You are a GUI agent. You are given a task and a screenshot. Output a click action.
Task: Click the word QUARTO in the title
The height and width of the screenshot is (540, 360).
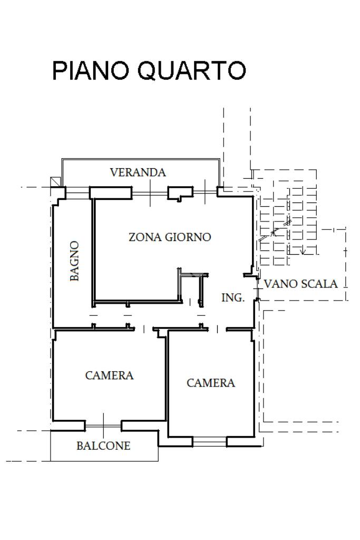point(192,71)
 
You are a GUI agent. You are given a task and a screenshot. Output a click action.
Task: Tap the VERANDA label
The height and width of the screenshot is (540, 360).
point(138,172)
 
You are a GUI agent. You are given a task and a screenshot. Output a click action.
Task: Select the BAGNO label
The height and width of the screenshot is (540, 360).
point(74,261)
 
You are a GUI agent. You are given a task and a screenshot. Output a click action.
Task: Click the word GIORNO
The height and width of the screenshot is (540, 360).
point(188,237)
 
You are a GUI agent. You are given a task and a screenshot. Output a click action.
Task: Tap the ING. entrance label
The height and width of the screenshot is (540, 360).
point(232,297)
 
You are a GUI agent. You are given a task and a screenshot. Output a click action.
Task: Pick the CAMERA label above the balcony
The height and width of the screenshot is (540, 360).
point(109,375)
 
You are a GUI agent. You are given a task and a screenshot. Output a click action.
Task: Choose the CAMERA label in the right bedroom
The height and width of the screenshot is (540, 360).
point(211,383)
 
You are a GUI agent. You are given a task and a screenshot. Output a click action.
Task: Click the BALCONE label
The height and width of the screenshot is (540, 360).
point(103,446)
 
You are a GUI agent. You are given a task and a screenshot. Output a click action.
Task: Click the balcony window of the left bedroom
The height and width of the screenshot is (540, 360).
point(103,426)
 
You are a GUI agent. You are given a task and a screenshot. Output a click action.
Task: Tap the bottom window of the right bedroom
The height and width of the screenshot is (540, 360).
point(209,441)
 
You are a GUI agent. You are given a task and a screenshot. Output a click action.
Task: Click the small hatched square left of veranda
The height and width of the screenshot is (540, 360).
point(55,182)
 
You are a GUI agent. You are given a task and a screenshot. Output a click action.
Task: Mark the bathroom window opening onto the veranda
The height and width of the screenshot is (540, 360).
point(78,193)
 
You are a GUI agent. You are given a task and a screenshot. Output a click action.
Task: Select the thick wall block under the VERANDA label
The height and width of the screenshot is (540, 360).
point(111,193)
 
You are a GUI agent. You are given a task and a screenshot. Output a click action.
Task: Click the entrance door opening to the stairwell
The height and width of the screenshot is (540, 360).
point(257,288)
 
